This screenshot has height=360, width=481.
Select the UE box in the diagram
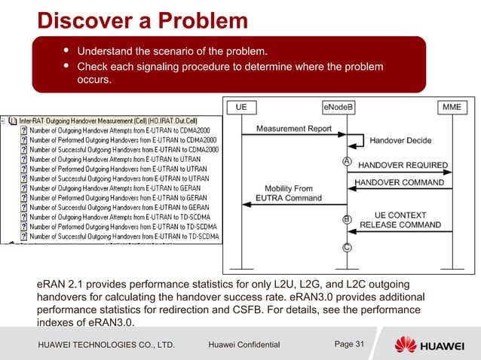point(241,108)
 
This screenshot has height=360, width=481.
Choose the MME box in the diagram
point(451,108)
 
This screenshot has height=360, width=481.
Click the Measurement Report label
point(293,129)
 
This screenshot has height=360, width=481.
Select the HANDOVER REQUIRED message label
point(402,165)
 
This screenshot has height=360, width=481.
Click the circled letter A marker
point(346,161)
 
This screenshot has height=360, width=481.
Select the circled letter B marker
point(346,219)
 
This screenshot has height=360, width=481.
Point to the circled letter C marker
point(346,248)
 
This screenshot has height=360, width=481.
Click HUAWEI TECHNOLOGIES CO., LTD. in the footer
point(106,345)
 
